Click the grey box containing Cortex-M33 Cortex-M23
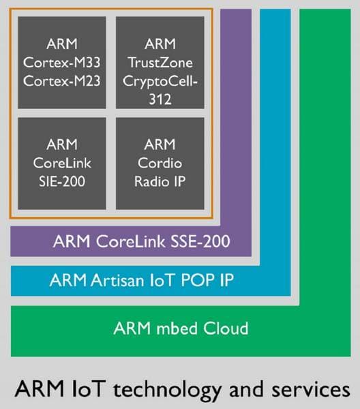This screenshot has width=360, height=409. [x=62, y=63]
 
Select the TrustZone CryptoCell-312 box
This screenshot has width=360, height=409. [x=160, y=63]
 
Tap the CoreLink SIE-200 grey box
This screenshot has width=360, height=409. [x=62, y=164]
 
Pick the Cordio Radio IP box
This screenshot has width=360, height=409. [x=160, y=164]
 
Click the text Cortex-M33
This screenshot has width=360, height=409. [x=62, y=63]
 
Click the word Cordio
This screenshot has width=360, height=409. [x=160, y=164]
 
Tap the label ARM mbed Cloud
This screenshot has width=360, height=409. [x=181, y=329]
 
